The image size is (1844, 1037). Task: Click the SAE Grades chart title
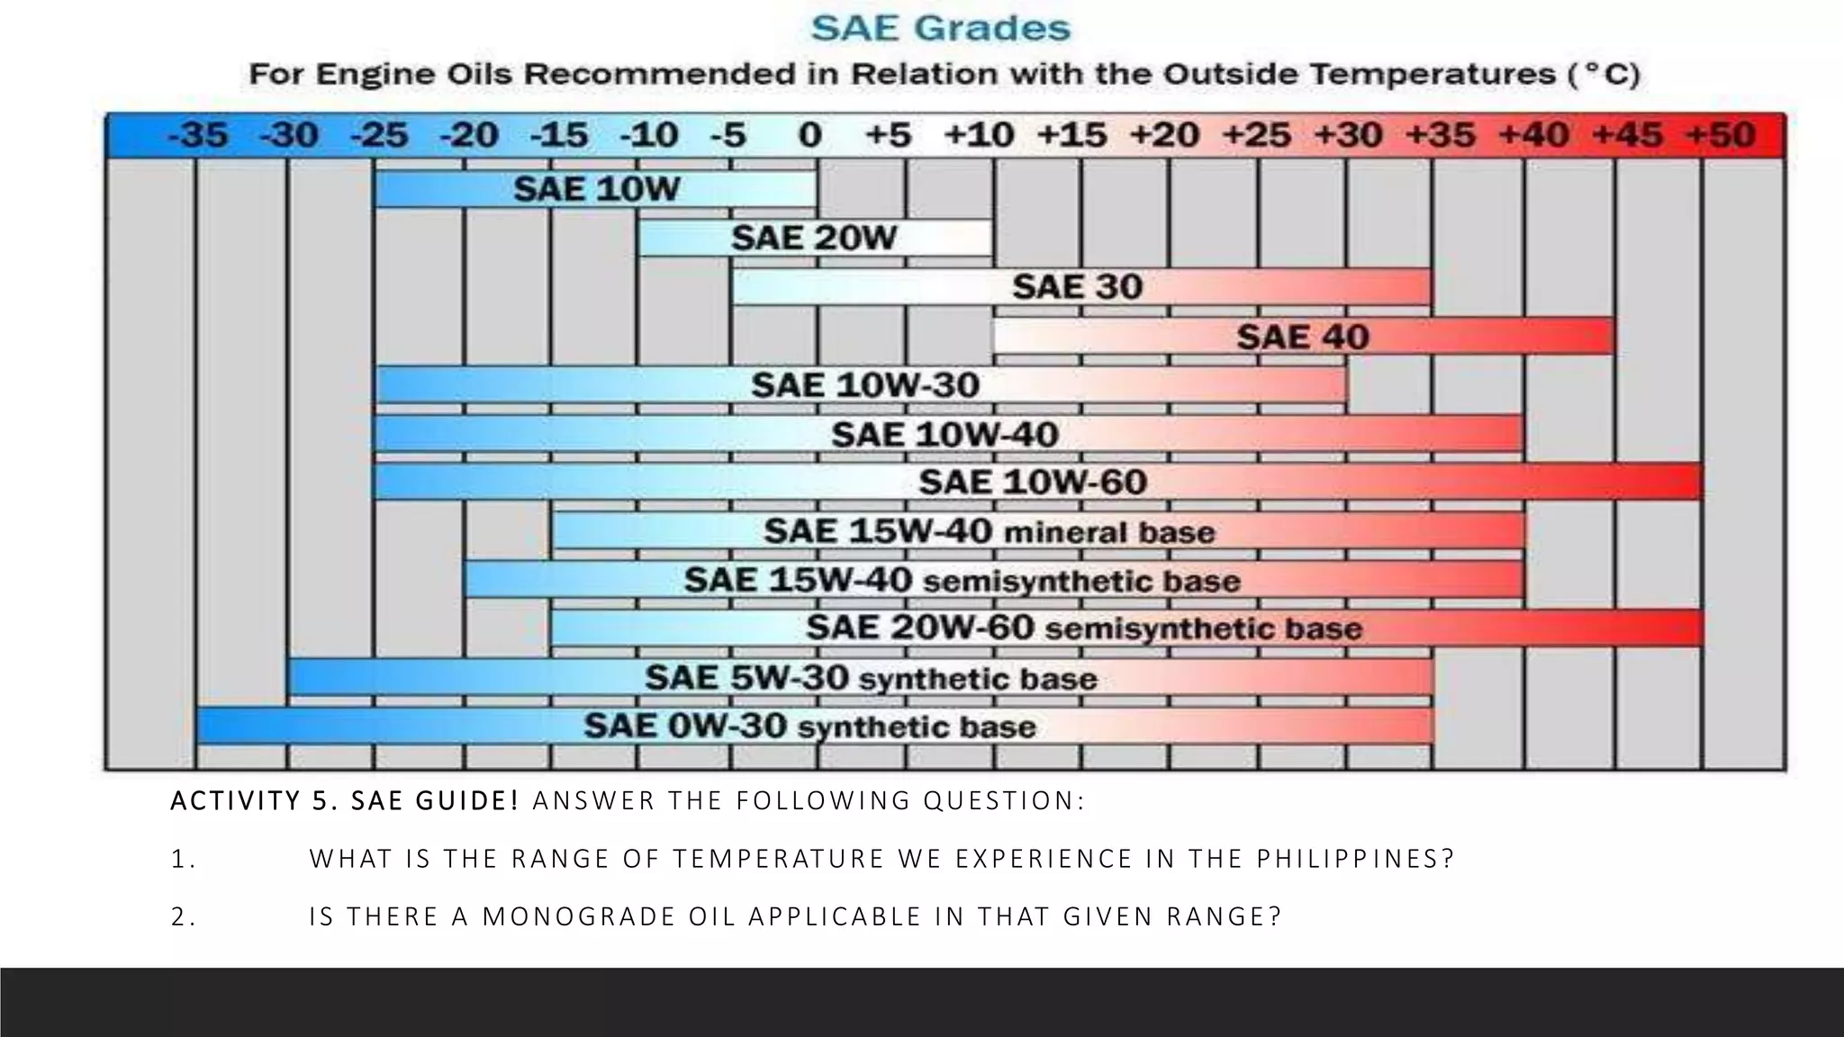[941, 29]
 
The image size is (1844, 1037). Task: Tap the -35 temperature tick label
[198, 136]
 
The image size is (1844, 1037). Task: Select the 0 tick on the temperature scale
[809, 136]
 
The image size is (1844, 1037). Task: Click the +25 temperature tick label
[1257, 136]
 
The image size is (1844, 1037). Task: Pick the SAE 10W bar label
[596, 189]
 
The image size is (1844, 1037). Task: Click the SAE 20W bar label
[814, 239]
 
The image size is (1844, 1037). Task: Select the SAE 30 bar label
[1077, 287]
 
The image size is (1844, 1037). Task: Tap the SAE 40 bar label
[1302, 338]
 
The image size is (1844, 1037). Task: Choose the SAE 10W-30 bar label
[864, 385]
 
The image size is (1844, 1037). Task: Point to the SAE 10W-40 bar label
[944, 435]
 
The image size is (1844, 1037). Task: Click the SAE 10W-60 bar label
[1032, 482]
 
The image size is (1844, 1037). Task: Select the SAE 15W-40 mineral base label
[989, 531]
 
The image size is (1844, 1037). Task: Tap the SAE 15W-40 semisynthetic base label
[962, 581]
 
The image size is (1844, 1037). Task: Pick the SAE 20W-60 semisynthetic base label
[1083, 628]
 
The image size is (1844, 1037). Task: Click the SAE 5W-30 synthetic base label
[871, 678]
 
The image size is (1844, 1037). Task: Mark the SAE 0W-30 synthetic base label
[809, 726]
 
